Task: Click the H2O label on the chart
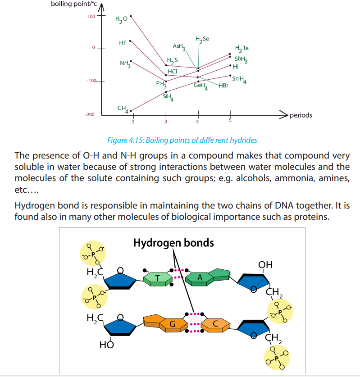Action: tap(121, 19)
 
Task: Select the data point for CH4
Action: tap(131, 111)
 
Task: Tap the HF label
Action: tap(123, 43)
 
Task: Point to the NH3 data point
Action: tap(131, 61)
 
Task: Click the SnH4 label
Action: tap(239, 80)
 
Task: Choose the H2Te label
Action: tap(242, 49)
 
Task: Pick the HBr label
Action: tap(223, 86)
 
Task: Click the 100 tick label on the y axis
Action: tap(91, 16)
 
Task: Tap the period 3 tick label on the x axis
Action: tap(166, 122)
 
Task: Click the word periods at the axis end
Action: tap(301, 115)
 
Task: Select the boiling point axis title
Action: tap(74, 4)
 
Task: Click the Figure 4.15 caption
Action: tap(182, 140)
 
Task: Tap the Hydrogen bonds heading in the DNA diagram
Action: tap(173, 243)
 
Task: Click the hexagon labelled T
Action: tap(158, 279)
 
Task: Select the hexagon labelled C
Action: tap(215, 325)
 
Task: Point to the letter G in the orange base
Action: tap(173, 324)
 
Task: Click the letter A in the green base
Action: tap(200, 278)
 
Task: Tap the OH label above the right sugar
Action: tap(265, 265)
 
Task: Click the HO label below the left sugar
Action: tap(106, 345)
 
